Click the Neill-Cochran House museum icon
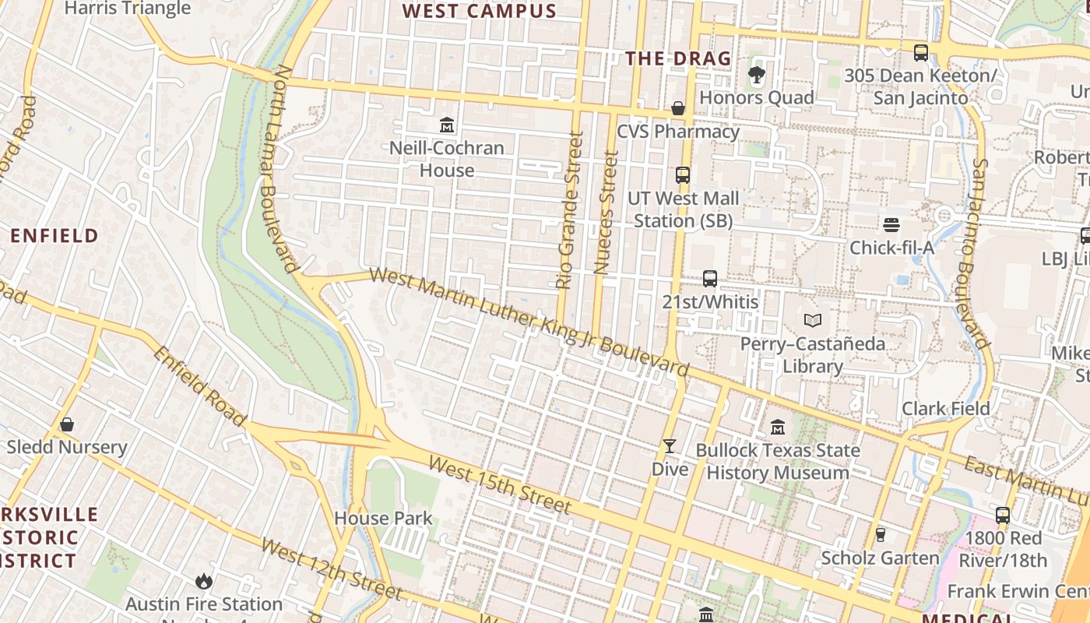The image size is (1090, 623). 447,125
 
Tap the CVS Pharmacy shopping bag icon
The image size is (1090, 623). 678,108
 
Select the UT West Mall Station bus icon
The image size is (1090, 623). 683,175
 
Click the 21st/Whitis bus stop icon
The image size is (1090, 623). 710,279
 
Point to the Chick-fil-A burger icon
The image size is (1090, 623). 891,225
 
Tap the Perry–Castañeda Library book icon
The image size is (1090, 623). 813,320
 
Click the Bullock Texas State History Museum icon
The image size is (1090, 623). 778,427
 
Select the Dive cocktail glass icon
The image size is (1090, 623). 670,446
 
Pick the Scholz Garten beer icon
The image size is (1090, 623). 881,535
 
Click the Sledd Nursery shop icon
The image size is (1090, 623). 67,424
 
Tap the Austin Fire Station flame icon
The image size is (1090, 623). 204,581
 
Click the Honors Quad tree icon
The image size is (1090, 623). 756,75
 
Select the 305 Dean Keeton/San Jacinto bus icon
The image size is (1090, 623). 921,53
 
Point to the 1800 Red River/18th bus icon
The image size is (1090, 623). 1003,515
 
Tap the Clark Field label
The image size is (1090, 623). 946,409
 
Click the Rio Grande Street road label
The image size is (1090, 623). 570,210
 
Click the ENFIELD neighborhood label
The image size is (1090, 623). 54,235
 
